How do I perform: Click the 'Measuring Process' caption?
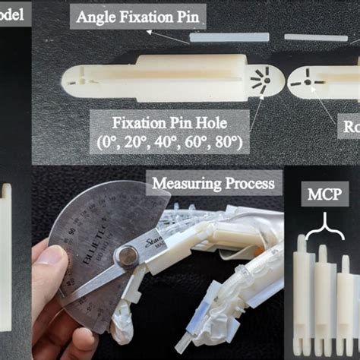215,182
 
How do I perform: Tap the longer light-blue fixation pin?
229,36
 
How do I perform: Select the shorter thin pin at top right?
316,36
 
